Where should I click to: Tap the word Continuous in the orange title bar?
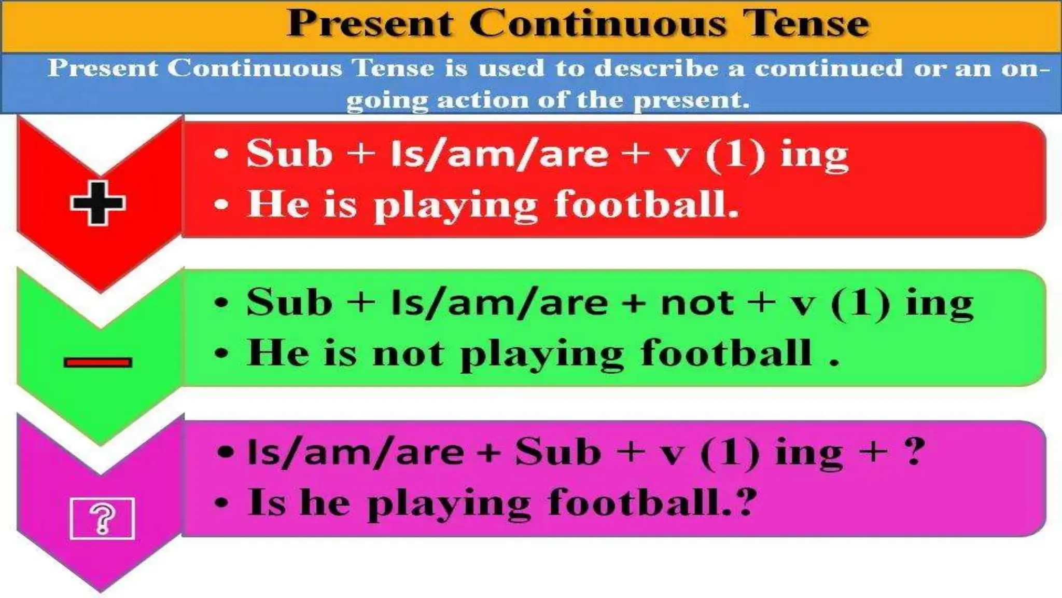(x=596, y=23)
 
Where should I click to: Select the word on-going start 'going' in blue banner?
(x=386, y=100)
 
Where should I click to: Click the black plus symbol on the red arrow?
(x=98, y=203)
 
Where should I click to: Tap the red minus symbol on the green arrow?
(x=98, y=362)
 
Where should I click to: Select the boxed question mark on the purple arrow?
(x=102, y=518)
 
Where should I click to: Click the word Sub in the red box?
(x=289, y=154)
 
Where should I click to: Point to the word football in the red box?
(x=646, y=203)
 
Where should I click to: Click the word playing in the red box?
(x=455, y=205)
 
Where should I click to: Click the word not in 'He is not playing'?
(x=408, y=353)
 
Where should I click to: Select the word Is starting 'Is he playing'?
(x=267, y=502)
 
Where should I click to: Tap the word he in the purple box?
(x=325, y=502)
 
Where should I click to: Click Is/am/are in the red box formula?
(x=499, y=154)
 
